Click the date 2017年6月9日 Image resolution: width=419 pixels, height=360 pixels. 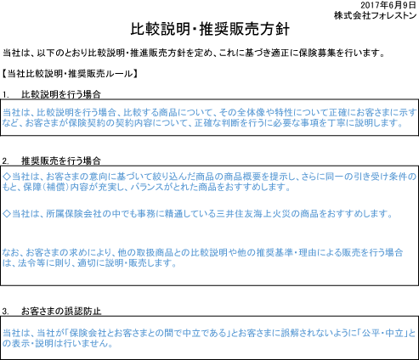coord(388,5)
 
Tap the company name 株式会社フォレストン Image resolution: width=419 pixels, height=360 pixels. coord(375,15)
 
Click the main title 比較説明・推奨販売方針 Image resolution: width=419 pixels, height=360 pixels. coord(210,29)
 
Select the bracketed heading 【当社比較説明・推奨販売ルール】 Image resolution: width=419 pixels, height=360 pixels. coord(70,74)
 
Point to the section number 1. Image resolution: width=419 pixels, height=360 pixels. coord(5,94)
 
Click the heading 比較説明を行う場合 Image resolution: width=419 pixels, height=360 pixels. coord(61,94)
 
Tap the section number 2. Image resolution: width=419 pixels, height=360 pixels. coord(5,161)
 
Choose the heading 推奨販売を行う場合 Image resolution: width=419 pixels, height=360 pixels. coord(61,161)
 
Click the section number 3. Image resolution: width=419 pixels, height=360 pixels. coord(5,312)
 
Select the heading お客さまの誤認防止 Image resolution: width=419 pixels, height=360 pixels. coord(61,312)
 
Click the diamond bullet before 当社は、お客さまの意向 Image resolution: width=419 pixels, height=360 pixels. coord(7,177)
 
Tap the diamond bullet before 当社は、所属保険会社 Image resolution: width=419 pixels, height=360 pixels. coord(7,214)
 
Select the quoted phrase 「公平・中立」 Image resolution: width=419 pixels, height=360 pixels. coord(386,333)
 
